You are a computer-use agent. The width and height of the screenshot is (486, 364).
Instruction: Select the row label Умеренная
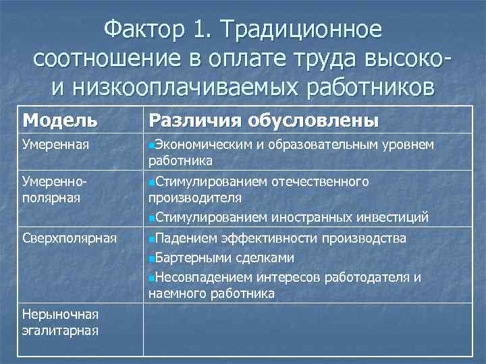pyautogui.click(x=55, y=144)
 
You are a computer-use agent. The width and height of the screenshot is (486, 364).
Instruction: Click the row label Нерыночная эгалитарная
pyautogui.click(x=61, y=322)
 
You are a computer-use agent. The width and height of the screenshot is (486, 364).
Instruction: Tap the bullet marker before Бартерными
pyautogui.click(x=151, y=258)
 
